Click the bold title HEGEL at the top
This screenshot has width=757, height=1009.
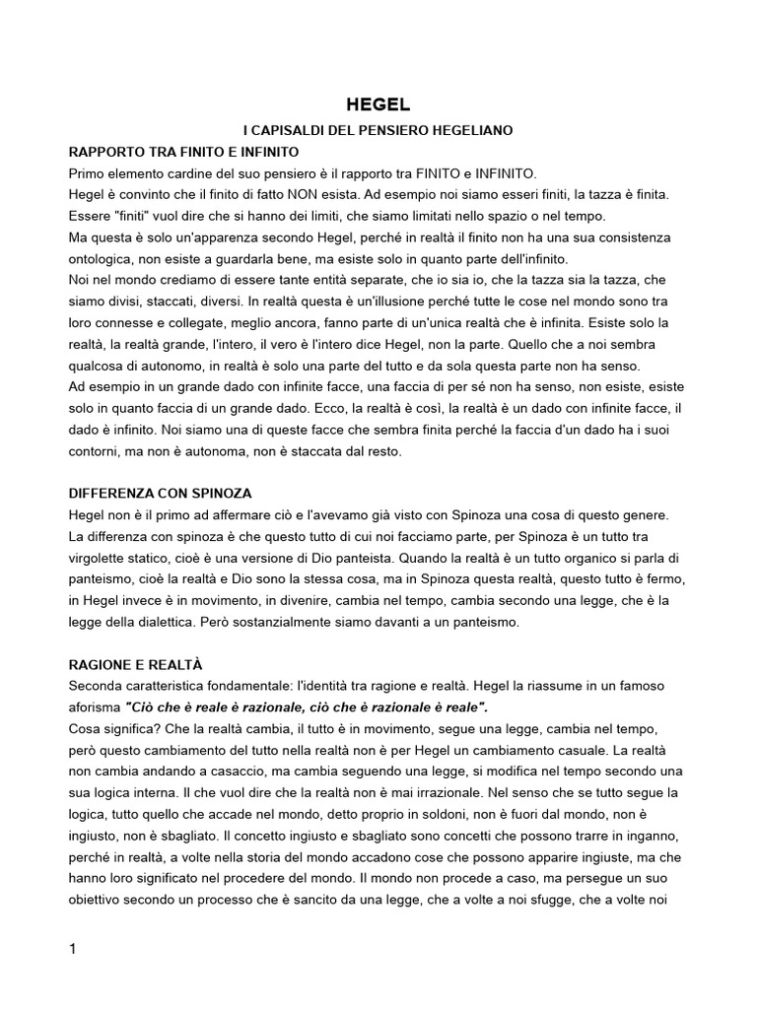[x=378, y=104]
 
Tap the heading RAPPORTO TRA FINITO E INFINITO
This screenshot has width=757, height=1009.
[x=183, y=152]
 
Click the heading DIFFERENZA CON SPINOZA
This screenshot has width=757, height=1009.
[x=167, y=493]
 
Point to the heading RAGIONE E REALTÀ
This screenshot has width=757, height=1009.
[x=135, y=664]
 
